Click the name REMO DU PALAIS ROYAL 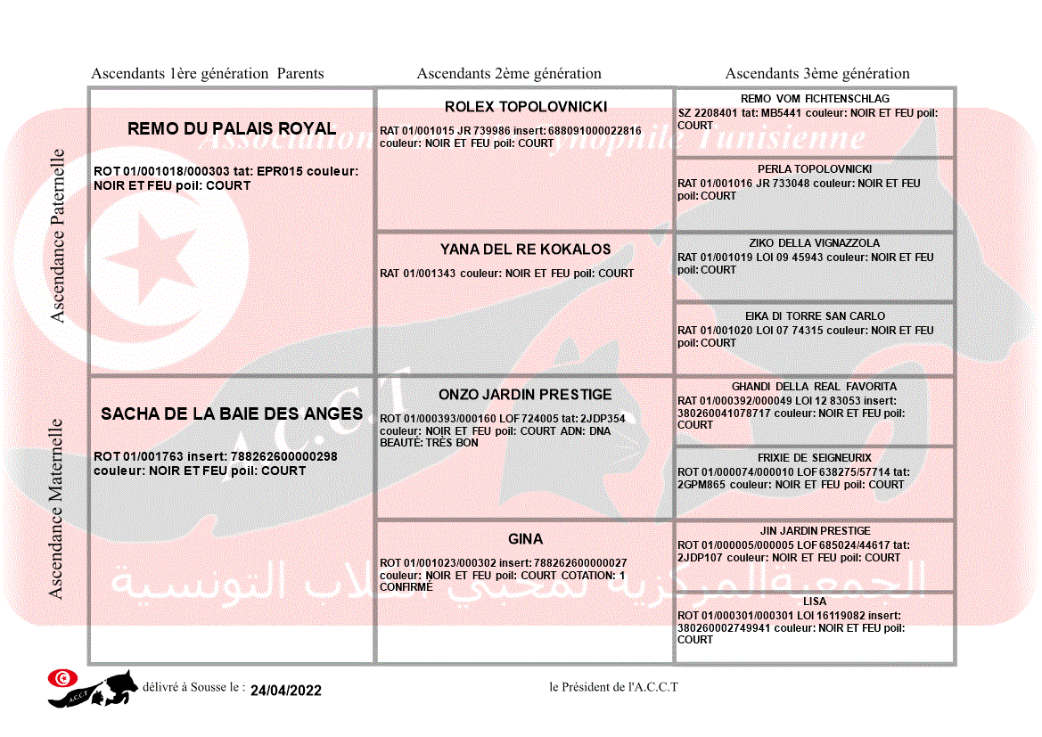tap(232, 128)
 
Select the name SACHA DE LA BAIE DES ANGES tap(232, 414)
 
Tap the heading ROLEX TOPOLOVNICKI tap(526, 107)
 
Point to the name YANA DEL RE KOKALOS tap(526, 250)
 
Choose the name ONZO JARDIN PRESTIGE tap(526, 395)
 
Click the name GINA tap(526, 539)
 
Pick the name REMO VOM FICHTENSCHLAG tap(815, 99)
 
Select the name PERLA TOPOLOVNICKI tap(815, 169)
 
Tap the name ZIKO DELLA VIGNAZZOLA tap(815, 243)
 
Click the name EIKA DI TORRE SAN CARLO tap(815, 316)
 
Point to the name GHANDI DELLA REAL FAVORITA tap(815, 387)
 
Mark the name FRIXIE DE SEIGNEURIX tap(815, 458)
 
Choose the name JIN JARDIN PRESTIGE tap(815, 531)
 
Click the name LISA tap(815, 602)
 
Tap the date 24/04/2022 tap(286, 691)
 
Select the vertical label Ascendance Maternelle tap(56, 509)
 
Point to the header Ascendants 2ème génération tap(509, 74)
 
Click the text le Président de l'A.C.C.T tap(614, 687)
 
